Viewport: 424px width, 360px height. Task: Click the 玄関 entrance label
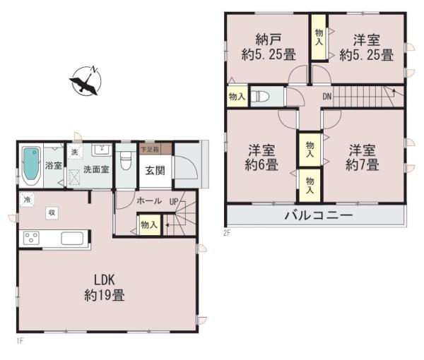155,169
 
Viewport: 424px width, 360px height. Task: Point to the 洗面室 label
95,169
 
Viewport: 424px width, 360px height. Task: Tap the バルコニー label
317,215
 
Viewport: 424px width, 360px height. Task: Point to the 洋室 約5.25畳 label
366,48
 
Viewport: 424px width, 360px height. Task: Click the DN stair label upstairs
327,96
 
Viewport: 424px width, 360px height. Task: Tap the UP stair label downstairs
173,200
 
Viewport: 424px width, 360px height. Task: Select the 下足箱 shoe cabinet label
149,149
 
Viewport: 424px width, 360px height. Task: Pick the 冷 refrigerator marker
26,198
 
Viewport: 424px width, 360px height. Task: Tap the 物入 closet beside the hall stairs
149,225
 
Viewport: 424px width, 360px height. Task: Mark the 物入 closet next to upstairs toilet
236,96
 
